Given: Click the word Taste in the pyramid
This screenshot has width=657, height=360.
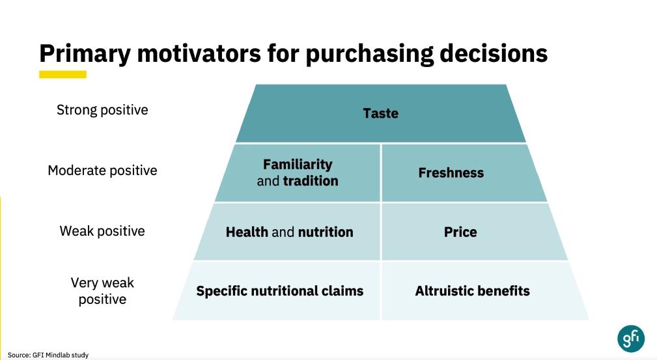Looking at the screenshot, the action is [x=380, y=113].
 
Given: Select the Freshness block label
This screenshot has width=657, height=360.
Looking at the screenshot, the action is [x=451, y=173].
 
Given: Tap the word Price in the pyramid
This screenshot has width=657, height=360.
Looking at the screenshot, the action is [x=460, y=232].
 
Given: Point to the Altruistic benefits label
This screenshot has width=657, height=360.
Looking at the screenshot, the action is [x=472, y=291].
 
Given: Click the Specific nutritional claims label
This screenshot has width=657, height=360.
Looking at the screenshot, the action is [x=280, y=291].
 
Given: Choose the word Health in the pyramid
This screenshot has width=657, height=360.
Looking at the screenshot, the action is [x=247, y=232].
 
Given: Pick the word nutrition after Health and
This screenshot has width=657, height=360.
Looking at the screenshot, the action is [x=326, y=232].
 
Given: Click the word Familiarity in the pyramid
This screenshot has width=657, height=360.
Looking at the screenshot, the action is [x=298, y=164].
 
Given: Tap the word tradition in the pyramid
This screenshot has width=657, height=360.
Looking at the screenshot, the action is [x=311, y=181].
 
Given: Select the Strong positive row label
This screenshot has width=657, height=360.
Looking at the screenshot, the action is [x=102, y=110].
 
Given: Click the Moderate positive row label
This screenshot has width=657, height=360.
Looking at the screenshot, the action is [x=102, y=171].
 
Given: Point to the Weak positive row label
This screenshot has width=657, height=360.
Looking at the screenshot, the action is [x=102, y=231].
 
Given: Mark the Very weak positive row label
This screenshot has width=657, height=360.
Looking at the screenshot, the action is [x=102, y=291].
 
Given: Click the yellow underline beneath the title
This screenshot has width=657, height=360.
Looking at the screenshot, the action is [x=63, y=74].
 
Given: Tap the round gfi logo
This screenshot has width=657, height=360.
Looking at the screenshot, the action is [x=631, y=339].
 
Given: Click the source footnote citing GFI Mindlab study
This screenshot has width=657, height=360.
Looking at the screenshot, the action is [x=48, y=355].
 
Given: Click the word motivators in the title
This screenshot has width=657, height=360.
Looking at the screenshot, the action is [x=199, y=53].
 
